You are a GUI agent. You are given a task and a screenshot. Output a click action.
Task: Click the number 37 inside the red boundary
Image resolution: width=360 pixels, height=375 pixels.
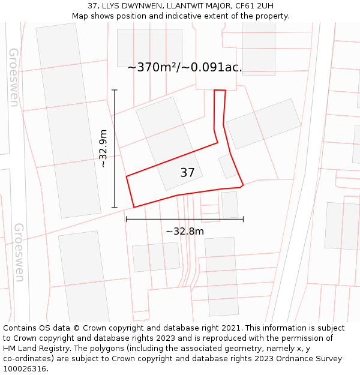[187, 173]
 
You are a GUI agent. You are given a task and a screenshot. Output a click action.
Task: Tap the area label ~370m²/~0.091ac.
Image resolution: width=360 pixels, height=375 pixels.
[185, 67]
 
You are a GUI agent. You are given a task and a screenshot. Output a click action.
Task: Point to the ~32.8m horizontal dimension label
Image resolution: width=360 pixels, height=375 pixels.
[185, 231]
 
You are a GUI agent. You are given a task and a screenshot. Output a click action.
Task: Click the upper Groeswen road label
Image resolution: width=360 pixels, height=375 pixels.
[13, 77]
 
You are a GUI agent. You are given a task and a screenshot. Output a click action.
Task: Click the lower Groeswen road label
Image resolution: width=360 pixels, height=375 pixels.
[19, 252]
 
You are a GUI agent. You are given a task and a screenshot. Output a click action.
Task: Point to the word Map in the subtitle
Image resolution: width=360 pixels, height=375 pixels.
[80, 16]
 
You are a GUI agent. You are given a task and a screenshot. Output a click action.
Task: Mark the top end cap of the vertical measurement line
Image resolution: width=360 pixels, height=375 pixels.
[115, 90]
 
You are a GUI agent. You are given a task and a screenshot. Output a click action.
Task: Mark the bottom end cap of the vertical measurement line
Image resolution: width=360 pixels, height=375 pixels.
[115, 208]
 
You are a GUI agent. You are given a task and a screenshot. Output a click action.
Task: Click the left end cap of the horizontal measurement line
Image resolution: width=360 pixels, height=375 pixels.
[126, 219]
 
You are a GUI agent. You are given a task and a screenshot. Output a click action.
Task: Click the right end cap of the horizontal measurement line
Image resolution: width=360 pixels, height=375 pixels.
[243, 219]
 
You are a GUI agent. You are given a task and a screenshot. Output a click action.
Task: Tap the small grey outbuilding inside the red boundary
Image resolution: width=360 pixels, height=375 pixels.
[227, 166]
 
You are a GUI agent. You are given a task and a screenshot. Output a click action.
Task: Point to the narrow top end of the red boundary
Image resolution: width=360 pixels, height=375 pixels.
[220, 91]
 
